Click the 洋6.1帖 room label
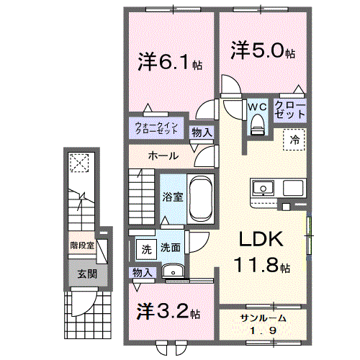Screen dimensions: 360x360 pos(170,62)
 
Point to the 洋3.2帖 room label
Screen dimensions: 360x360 pos(169,312)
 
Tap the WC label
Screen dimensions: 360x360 pos(257,107)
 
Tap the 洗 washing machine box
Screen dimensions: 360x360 pos(145,249)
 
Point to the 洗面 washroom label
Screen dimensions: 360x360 pos(171,248)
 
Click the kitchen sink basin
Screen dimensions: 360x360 pos(263,189)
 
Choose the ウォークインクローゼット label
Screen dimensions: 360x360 pos(157,128)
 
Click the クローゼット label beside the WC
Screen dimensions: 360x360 pos(290,111)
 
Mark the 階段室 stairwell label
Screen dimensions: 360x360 pos(83,246)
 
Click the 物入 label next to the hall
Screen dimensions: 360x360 pos(202,132)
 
